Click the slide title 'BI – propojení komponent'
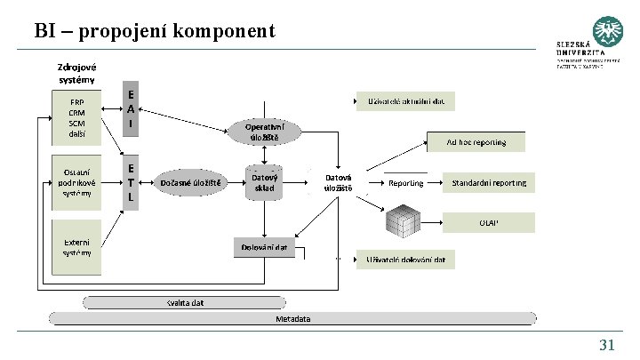point(156,32)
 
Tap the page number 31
point(607,345)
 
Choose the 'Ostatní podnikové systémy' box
point(77,181)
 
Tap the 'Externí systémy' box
point(77,246)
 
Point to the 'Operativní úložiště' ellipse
point(265,132)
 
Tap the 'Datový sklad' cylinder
point(265,183)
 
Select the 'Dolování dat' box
point(265,247)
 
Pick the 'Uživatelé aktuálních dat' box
point(406,100)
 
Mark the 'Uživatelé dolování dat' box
point(406,260)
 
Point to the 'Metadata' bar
point(293,317)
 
